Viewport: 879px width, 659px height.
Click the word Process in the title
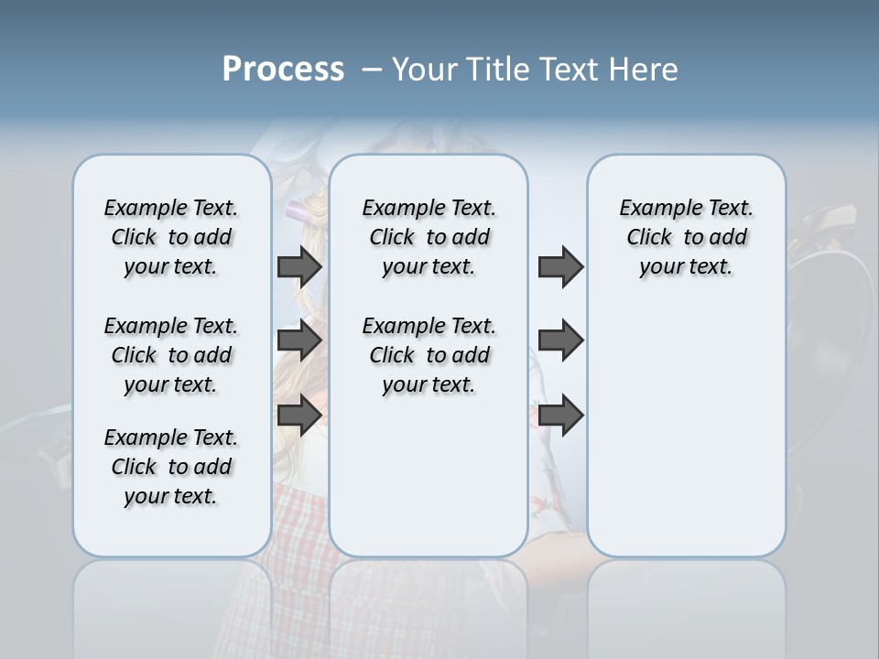tap(283, 70)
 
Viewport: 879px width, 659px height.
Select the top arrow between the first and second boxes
tap(299, 266)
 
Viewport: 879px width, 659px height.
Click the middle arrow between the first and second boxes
tap(299, 340)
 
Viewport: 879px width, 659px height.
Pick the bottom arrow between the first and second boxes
tap(299, 416)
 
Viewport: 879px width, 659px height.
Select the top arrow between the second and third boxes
tap(560, 266)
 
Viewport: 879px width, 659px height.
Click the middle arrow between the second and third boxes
tap(560, 340)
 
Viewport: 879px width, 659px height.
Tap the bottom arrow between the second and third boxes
tap(560, 416)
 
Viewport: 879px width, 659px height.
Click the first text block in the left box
tap(171, 237)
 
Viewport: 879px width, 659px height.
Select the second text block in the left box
tap(171, 355)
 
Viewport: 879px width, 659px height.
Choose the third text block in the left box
tap(171, 467)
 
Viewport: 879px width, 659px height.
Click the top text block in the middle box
tap(429, 237)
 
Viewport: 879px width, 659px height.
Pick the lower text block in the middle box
tap(429, 355)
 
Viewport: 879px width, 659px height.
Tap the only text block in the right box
tap(686, 237)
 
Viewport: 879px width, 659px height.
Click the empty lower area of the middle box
tap(429, 476)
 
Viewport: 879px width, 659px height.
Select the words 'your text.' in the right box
tap(686, 267)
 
